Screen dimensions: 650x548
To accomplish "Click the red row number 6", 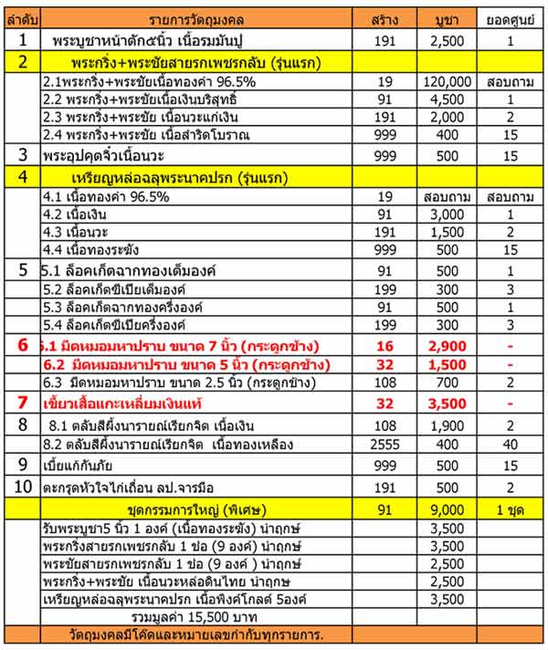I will (x=23, y=346).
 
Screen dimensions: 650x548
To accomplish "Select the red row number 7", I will (x=23, y=403).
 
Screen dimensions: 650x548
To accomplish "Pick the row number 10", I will (x=23, y=487).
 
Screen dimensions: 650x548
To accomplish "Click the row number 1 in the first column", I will (x=23, y=40).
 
